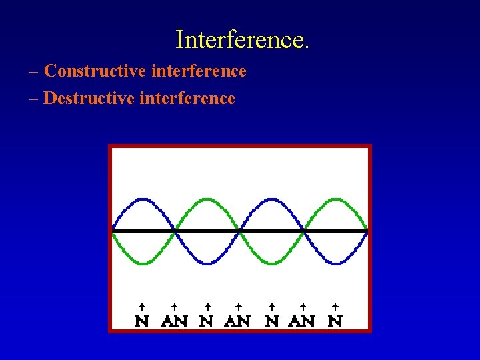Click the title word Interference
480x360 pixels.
[242, 40]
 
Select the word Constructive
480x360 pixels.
[88, 71]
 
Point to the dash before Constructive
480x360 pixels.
[34, 71]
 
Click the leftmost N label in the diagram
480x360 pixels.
[142, 321]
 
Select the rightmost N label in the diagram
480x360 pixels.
[335, 321]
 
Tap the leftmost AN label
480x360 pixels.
[175, 321]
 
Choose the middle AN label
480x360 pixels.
[238, 321]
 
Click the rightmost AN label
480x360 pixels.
[303, 321]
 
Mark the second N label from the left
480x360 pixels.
[207, 321]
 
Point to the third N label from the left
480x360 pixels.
[271, 321]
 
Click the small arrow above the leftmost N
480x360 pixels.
[142, 307]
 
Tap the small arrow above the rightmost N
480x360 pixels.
[335, 307]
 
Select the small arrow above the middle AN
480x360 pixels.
[238, 307]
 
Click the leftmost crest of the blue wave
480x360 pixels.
[143, 199]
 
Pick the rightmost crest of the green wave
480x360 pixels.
[335, 199]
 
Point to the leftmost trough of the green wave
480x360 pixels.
[143, 263]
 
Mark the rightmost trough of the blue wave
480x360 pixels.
[335, 263]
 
